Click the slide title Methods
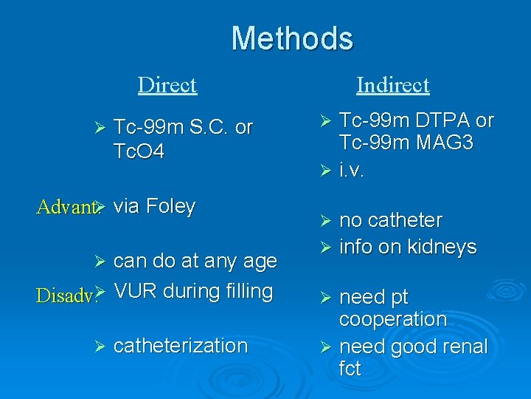(292, 38)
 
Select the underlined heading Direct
(167, 85)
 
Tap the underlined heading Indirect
(392, 85)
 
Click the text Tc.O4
(139, 151)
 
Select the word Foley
(170, 206)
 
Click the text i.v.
(352, 171)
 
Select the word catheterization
(181, 345)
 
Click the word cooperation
(393, 319)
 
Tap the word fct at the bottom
(350, 369)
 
